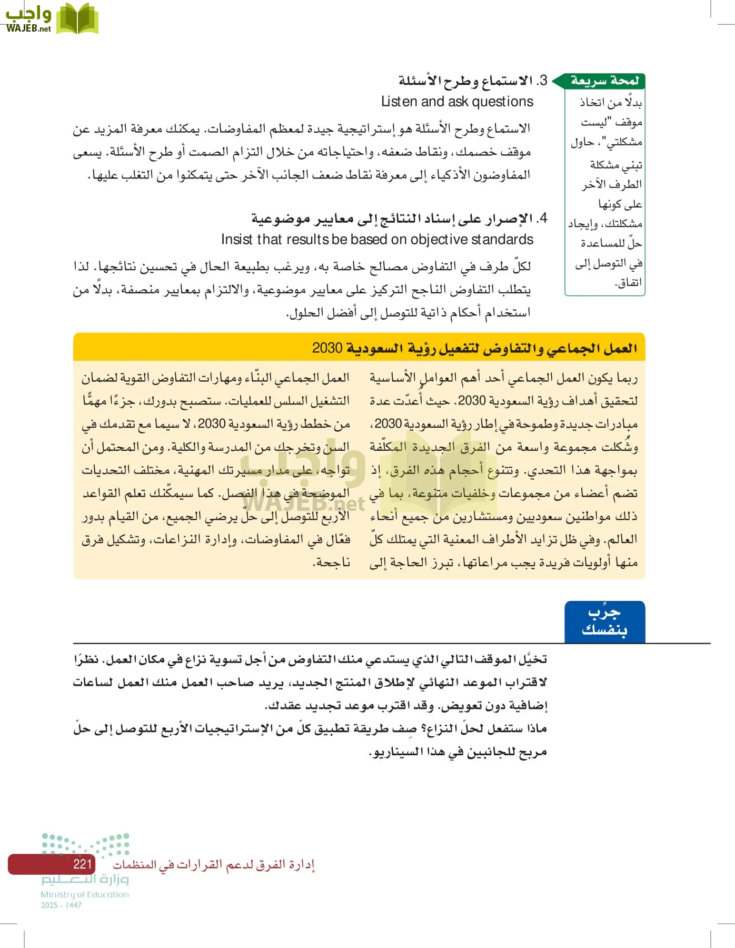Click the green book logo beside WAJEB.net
77,19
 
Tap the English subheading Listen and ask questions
457,102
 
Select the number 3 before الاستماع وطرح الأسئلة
542,81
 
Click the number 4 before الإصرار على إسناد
543,218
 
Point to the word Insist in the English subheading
237,240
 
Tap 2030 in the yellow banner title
327,348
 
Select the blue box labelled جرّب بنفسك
604,622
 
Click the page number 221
83,864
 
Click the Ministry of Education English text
85,894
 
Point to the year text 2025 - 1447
61,905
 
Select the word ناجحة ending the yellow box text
331,562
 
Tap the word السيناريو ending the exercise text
401,752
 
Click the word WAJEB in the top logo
21,28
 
